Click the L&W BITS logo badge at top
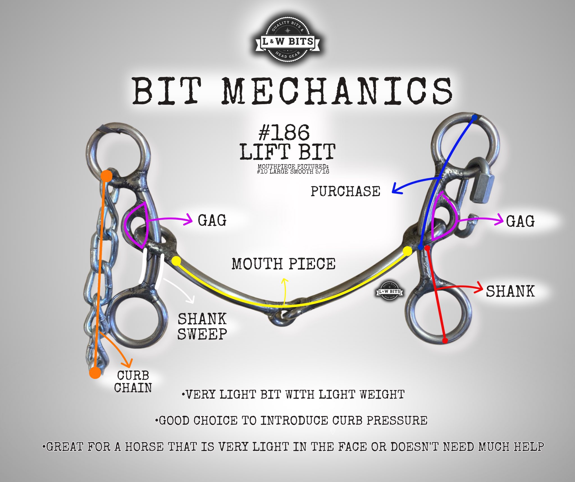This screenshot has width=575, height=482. [x=288, y=42]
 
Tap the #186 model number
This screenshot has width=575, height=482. [x=284, y=133]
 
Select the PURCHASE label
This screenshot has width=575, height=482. [x=345, y=191]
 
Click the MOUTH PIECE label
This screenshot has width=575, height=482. [x=284, y=264]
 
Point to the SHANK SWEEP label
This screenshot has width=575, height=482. [x=202, y=326]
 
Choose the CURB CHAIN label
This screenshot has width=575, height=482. [x=133, y=382]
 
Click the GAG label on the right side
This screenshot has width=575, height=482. [x=520, y=221]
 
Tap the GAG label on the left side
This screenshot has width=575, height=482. [x=212, y=220]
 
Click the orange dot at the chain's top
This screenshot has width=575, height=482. [x=106, y=176]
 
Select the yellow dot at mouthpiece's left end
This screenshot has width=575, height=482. [x=176, y=261]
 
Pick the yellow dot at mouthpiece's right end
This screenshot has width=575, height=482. [x=407, y=251]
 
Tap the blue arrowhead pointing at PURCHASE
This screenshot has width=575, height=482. [x=396, y=189]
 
